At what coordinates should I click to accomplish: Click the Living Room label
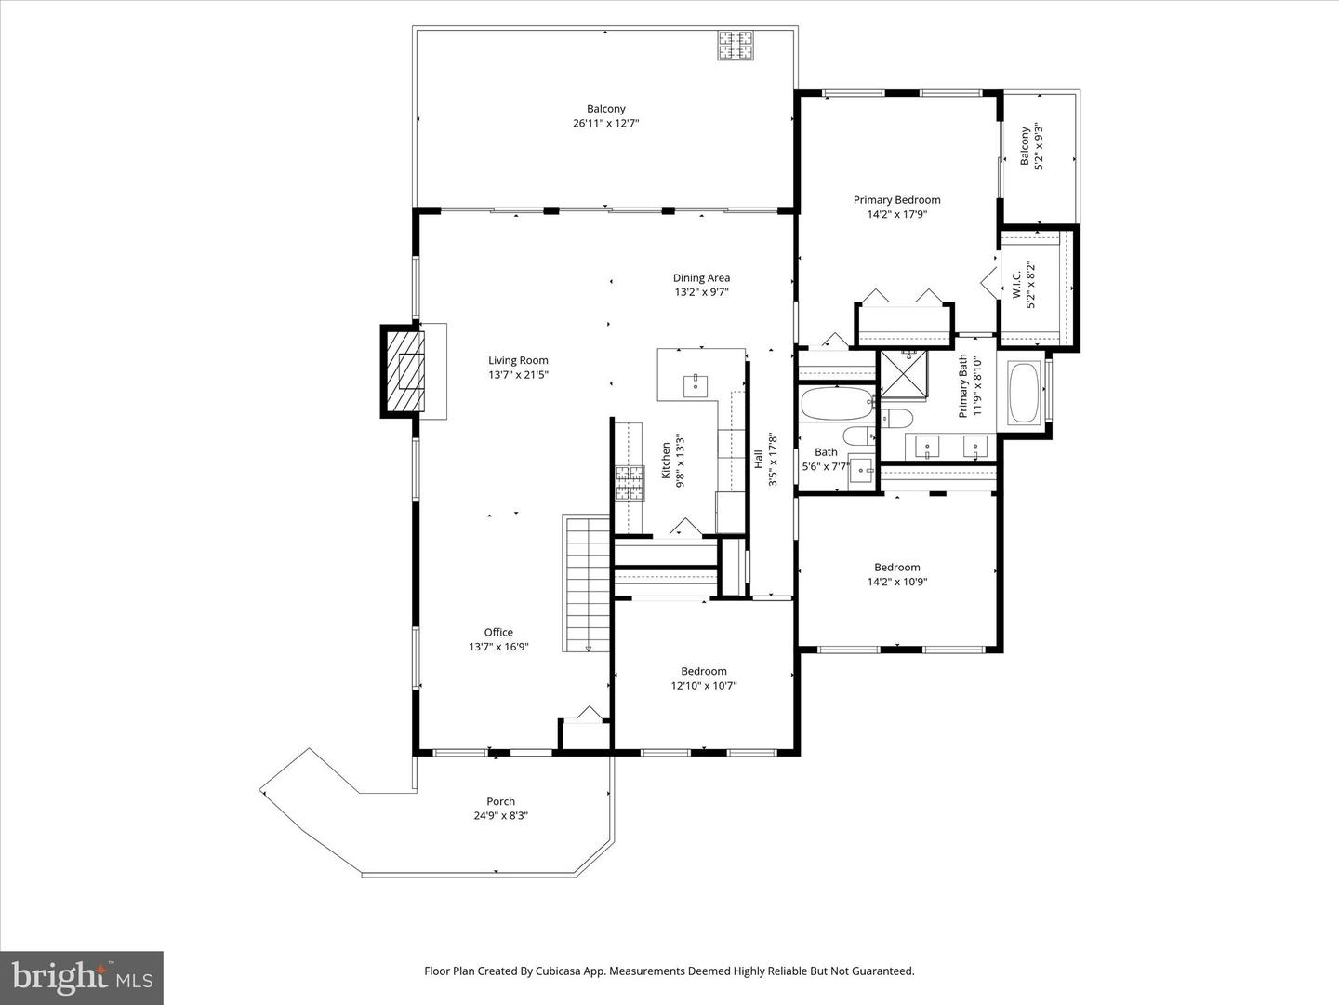click(518, 361)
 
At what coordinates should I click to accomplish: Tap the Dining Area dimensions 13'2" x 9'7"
click(701, 292)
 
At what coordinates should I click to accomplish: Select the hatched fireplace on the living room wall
click(404, 371)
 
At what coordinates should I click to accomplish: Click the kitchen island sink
click(696, 386)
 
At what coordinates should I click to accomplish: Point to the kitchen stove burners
click(630, 483)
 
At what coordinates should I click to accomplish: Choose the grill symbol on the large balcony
click(736, 46)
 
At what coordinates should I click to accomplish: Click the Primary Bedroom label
click(896, 199)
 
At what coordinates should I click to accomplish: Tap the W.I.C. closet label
click(1016, 285)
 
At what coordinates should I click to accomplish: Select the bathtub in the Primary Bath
click(1025, 393)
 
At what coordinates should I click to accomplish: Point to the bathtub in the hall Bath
click(838, 403)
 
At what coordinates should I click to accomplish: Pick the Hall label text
click(758, 459)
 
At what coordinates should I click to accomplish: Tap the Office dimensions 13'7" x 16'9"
click(498, 647)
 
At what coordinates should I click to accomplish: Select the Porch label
click(501, 801)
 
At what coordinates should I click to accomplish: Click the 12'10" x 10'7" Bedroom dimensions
click(704, 685)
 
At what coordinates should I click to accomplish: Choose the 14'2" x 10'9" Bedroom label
click(896, 568)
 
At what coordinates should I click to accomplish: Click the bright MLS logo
click(82, 977)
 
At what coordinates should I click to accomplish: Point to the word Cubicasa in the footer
click(558, 971)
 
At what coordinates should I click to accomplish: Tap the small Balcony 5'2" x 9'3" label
click(1025, 146)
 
